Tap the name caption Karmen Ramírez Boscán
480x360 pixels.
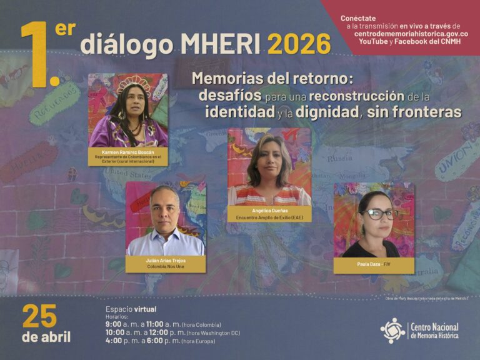point(128,152)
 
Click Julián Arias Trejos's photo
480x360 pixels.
point(165,219)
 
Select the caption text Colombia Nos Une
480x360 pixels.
point(166,267)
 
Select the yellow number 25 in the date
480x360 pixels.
point(39,317)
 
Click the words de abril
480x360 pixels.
point(46,337)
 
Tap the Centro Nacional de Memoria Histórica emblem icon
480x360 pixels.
point(392,330)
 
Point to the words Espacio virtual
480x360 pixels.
point(131,309)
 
